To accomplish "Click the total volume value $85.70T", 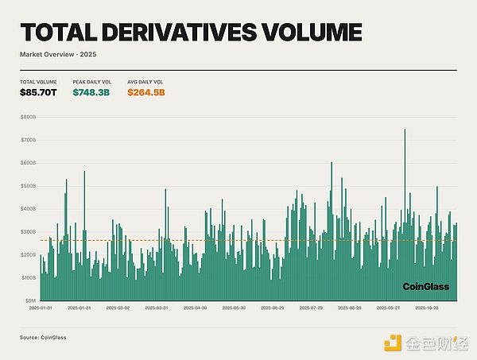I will tap(38, 93).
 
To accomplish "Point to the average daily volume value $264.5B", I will tap(146, 93).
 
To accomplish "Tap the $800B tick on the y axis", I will tap(29, 118).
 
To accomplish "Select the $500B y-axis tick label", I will tap(29, 187).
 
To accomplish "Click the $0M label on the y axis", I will tap(30, 301).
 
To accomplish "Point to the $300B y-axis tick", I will tap(29, 232).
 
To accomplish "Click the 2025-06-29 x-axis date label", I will tap(271, 308).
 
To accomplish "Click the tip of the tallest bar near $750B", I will tap(405, 130).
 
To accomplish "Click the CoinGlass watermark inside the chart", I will tap(425, 286).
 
